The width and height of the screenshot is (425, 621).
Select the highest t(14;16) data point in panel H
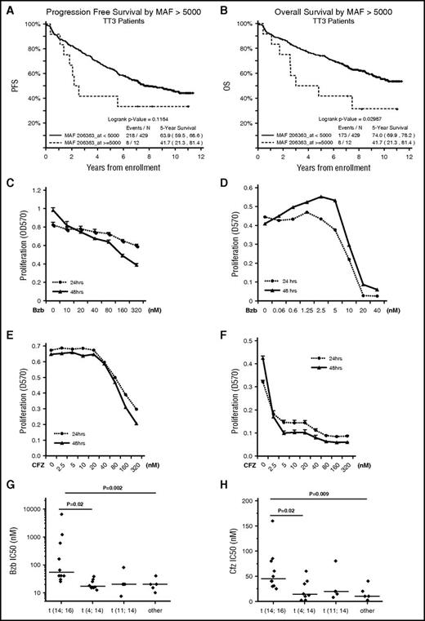260,520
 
